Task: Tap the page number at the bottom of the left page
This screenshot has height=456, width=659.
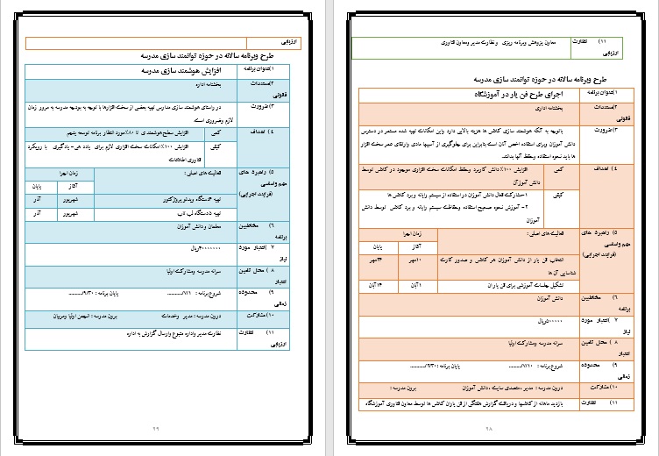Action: click(157, 427)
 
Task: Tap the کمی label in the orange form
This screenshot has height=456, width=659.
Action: click(556, 167)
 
